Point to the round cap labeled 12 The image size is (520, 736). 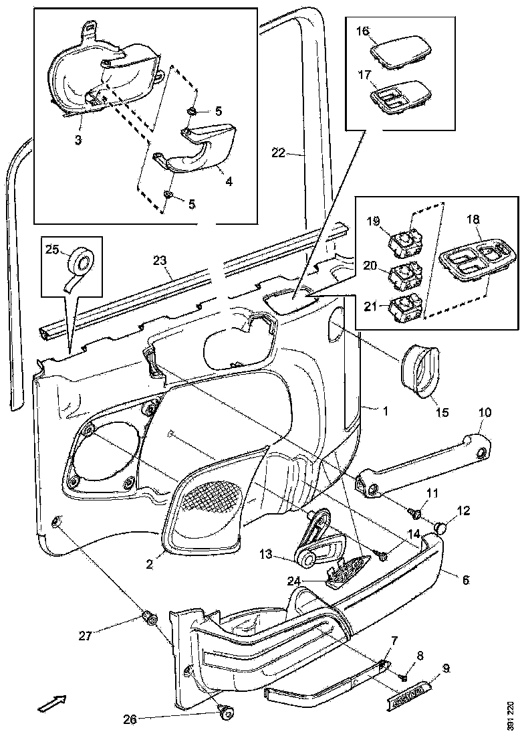(x=440, y=528)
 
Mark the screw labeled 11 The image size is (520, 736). (x=414, y=513)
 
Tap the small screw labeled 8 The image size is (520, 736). (x=402, y=677)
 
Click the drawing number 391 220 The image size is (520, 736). (x=511, y=714)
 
